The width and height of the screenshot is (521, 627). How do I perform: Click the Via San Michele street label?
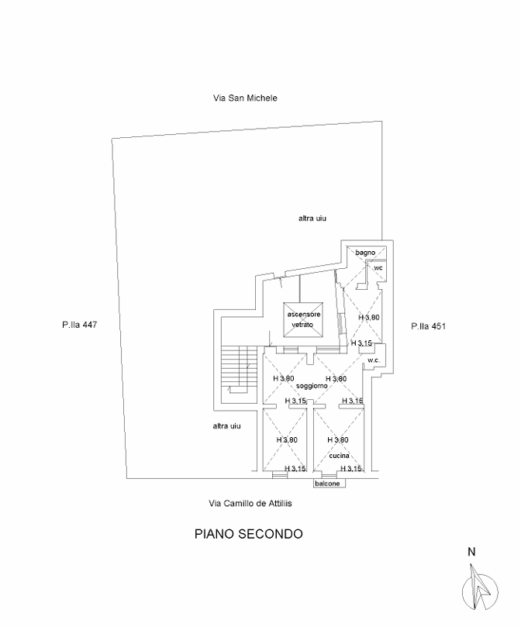coord(245,98)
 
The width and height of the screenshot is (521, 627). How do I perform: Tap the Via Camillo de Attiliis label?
coord(244,503)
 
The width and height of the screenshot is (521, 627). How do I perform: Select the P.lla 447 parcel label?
coord(80,326)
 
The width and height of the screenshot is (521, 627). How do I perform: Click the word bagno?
coord(365,253)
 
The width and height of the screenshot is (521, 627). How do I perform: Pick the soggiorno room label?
coord(310,386)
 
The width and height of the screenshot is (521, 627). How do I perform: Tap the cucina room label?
coord(338,456)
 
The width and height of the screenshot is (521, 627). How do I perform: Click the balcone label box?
coord(327,484)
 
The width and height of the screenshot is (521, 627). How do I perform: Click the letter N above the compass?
coord(471,553)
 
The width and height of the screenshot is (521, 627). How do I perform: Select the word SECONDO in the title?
coord(271,534)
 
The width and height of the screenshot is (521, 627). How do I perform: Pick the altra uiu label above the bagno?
coord(312,219)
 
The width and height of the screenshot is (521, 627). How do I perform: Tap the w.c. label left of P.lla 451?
coord(373,360)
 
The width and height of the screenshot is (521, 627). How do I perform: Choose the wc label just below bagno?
coord(378,268)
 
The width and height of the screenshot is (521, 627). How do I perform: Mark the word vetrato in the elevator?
coord(302,324)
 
